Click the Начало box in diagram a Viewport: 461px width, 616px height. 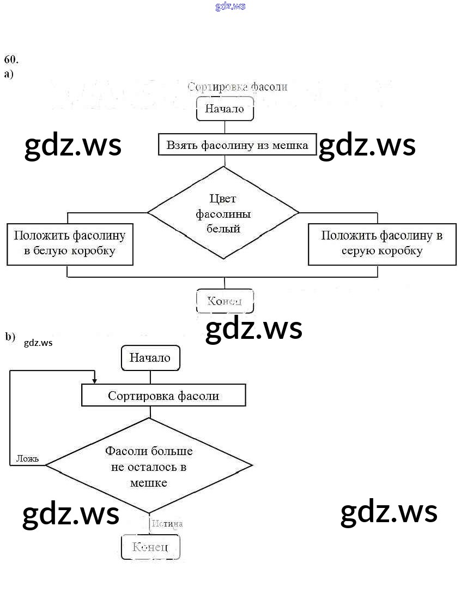point(225,109)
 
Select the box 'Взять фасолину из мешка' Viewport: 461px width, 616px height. point(237,145)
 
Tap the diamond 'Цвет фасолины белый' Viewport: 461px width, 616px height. point(223,213)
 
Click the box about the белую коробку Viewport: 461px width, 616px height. point(70,243)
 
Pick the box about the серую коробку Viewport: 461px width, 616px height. point(381,243)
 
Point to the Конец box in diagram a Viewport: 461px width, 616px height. point(225,301)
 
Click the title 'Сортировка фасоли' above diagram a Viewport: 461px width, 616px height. point(237,87)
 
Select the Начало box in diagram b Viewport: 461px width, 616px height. point(150,358)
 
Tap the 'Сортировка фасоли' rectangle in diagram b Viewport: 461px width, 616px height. point(163,396)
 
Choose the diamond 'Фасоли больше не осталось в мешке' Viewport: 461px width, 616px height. point(149,466)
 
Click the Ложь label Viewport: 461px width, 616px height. point(28,458)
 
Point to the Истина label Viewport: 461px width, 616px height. point(167,524)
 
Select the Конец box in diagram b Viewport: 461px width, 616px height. point(150,547)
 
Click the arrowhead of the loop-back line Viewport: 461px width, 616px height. point(95,381)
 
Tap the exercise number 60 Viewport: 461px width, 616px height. point(11,59)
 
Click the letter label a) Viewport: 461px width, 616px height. point(9,74)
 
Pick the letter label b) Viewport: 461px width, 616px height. point(10,337)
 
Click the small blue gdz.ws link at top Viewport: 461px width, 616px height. point(230,6)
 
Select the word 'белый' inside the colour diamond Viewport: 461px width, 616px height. point(223,229)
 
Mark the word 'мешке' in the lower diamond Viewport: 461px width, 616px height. point(149,483)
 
